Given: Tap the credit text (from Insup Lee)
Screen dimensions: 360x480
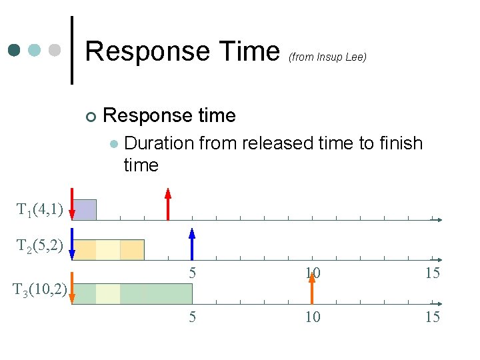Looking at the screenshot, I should (327, 57).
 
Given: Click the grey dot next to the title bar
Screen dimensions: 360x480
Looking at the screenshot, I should (55, 50).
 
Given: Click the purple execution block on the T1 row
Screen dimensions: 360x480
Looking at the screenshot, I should (85, 209).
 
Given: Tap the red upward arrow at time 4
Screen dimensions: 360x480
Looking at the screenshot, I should (168, 204).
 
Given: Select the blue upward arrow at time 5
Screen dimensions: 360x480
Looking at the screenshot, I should (192, 243).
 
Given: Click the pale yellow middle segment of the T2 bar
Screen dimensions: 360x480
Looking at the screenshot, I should (108, 249).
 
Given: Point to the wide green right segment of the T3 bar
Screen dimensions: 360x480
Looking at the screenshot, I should (156, 293).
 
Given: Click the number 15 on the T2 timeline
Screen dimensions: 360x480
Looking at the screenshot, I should (432, 273).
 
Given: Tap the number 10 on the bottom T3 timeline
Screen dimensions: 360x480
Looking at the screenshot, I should (312, 317).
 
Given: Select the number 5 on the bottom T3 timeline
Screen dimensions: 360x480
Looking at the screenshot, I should (192, 317).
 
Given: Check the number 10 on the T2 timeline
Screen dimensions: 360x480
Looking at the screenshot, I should (312, 273).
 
